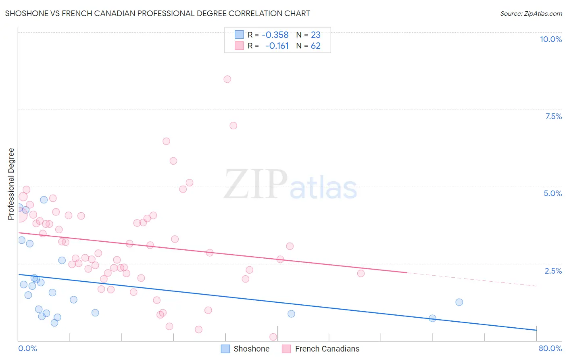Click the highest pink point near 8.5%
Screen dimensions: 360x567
227,79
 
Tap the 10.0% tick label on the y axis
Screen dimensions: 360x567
550,39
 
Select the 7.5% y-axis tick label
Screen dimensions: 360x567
553,116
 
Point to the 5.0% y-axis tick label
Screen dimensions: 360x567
552,193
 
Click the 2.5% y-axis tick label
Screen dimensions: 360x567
553,271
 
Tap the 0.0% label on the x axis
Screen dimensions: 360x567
27,348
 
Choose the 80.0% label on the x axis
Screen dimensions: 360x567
550,348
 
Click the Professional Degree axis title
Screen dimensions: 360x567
11,184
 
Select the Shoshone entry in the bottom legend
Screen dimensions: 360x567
251,349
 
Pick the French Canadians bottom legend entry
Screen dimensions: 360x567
327,349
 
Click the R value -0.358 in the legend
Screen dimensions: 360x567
275,35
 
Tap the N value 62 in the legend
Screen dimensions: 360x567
316,46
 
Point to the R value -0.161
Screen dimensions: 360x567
277,46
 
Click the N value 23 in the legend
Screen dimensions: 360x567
316,35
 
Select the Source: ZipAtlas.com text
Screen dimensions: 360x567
531,14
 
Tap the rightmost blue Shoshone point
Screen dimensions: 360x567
459,302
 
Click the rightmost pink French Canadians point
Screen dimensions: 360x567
361,273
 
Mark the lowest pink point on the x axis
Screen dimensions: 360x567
273,337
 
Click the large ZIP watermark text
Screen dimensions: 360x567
255,184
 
